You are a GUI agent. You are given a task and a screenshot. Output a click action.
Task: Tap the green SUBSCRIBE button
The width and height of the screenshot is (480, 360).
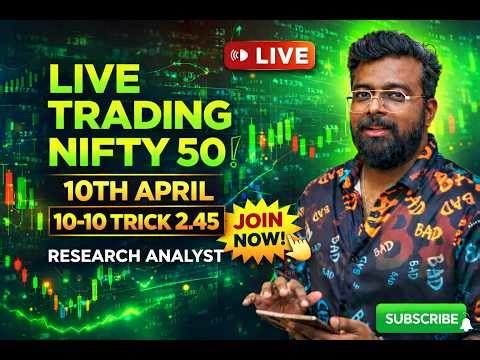click(420, 320)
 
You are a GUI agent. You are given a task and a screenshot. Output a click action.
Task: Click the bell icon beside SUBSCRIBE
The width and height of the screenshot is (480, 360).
click(465, 321)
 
